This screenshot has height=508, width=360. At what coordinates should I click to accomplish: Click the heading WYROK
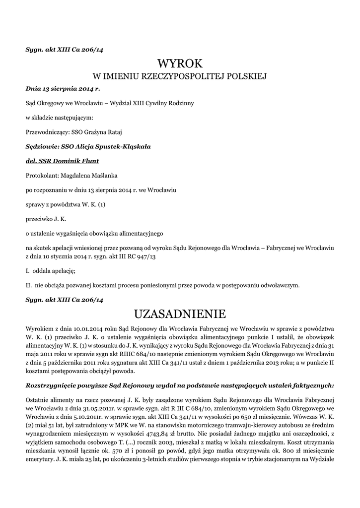[x=180, y=63]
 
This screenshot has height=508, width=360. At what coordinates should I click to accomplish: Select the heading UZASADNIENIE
[x=180, y=314]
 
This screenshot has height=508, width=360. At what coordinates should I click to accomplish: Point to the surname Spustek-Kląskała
[x=115, y=146]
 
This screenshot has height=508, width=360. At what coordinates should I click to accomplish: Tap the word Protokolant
[x=41, y=175]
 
